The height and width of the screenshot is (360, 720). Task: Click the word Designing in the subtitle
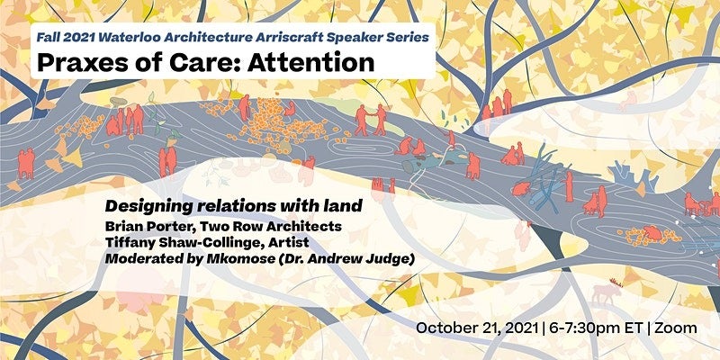coord(146,206)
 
